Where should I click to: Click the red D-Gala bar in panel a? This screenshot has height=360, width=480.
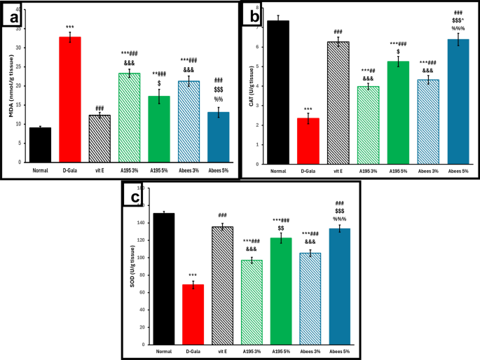pyautogui.click(x=69, y=97)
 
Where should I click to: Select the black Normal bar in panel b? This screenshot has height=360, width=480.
pyautogui.click(x=278, y=90)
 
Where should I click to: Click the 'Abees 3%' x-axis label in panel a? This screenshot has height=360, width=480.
pyautogui.click(x=188, y=169)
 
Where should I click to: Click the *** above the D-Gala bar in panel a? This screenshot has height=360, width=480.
pyautogui.click(x=69, y=27)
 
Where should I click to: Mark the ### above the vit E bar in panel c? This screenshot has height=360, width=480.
pyautogui.click(x=223, y=216)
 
